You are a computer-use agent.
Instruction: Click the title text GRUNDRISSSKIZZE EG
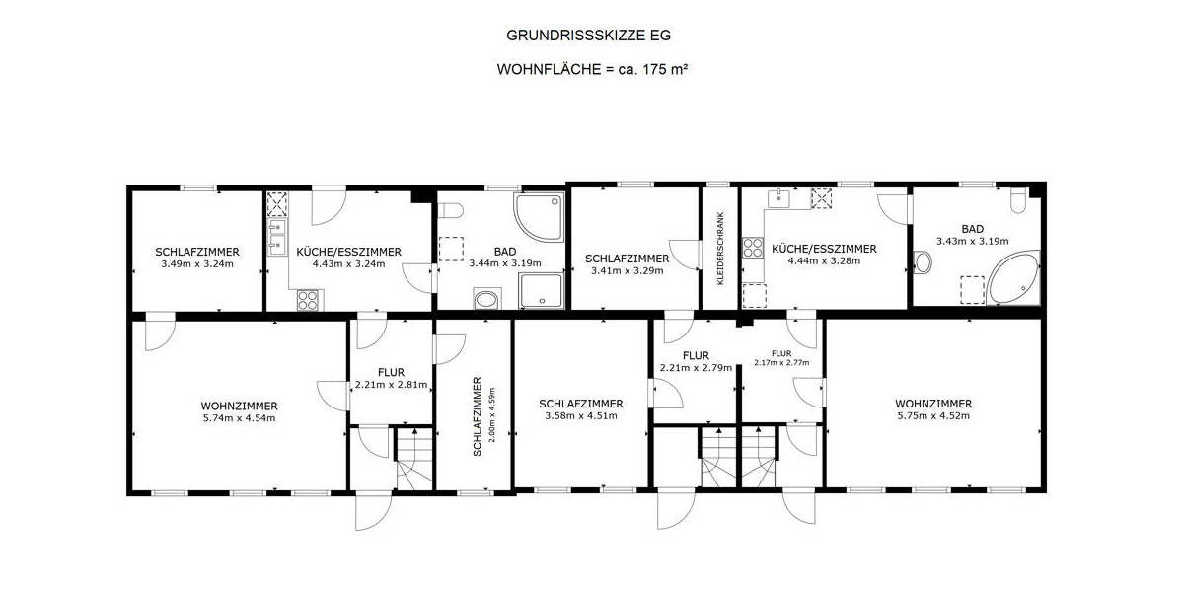(589, 36)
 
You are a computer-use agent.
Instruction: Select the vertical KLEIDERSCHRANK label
(720, 250)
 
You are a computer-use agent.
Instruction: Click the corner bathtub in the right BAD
(1013, 280)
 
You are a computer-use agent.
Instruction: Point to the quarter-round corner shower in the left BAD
(538, 217)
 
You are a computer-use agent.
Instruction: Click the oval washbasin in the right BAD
(925, 262)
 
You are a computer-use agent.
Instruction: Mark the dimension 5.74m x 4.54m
(239, 417)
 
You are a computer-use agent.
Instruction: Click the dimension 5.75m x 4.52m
(933, 415)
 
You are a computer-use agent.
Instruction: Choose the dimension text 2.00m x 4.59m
(490, 416)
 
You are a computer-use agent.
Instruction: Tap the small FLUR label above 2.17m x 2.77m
(781, 352)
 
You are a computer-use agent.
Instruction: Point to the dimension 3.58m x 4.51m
(580, 415)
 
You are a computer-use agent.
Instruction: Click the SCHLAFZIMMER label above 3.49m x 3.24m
(197, 252)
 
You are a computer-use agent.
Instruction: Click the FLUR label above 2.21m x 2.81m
(391, 372)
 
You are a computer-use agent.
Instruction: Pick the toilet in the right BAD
(1018, 203)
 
